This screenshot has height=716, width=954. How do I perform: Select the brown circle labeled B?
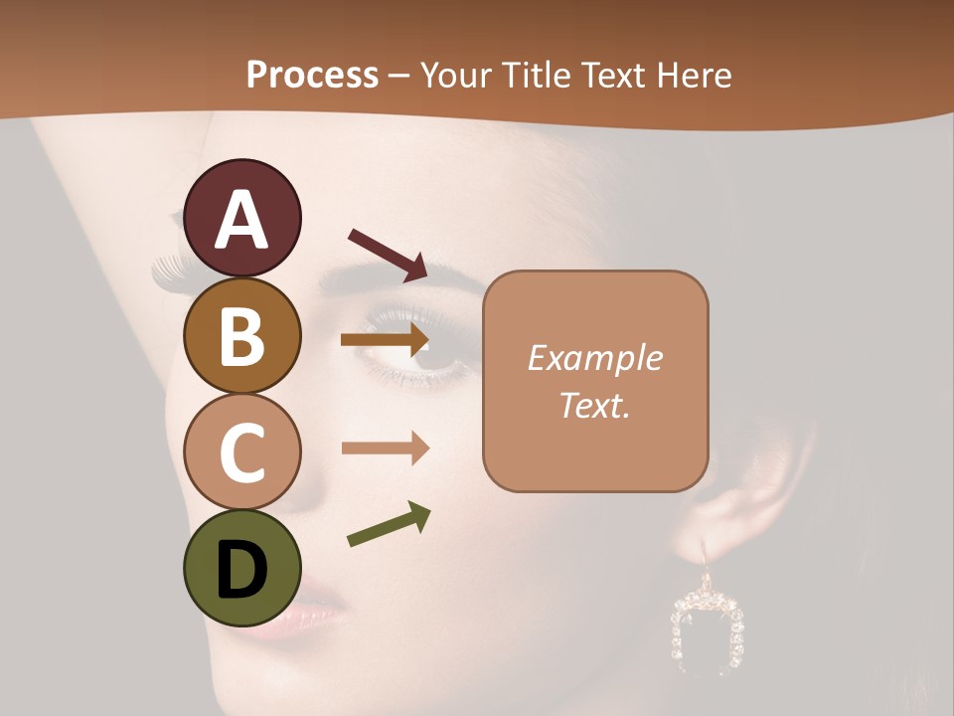tap(241, 336)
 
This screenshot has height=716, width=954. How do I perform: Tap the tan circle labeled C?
tap(241, 453)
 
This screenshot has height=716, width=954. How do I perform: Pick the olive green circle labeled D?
tap(241, 569)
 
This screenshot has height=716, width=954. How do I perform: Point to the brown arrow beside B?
tap(384, 340)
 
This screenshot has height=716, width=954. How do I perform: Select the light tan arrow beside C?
tap(385, 447)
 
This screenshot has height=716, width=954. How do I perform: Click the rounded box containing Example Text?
tap(595, 381)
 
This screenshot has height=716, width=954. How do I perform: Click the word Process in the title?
tap(312, 75)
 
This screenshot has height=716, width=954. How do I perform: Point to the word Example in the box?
tap(595, 358)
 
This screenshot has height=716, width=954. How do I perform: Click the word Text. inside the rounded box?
tap(595, 405)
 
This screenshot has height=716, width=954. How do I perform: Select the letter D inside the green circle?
tap(241, 571)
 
